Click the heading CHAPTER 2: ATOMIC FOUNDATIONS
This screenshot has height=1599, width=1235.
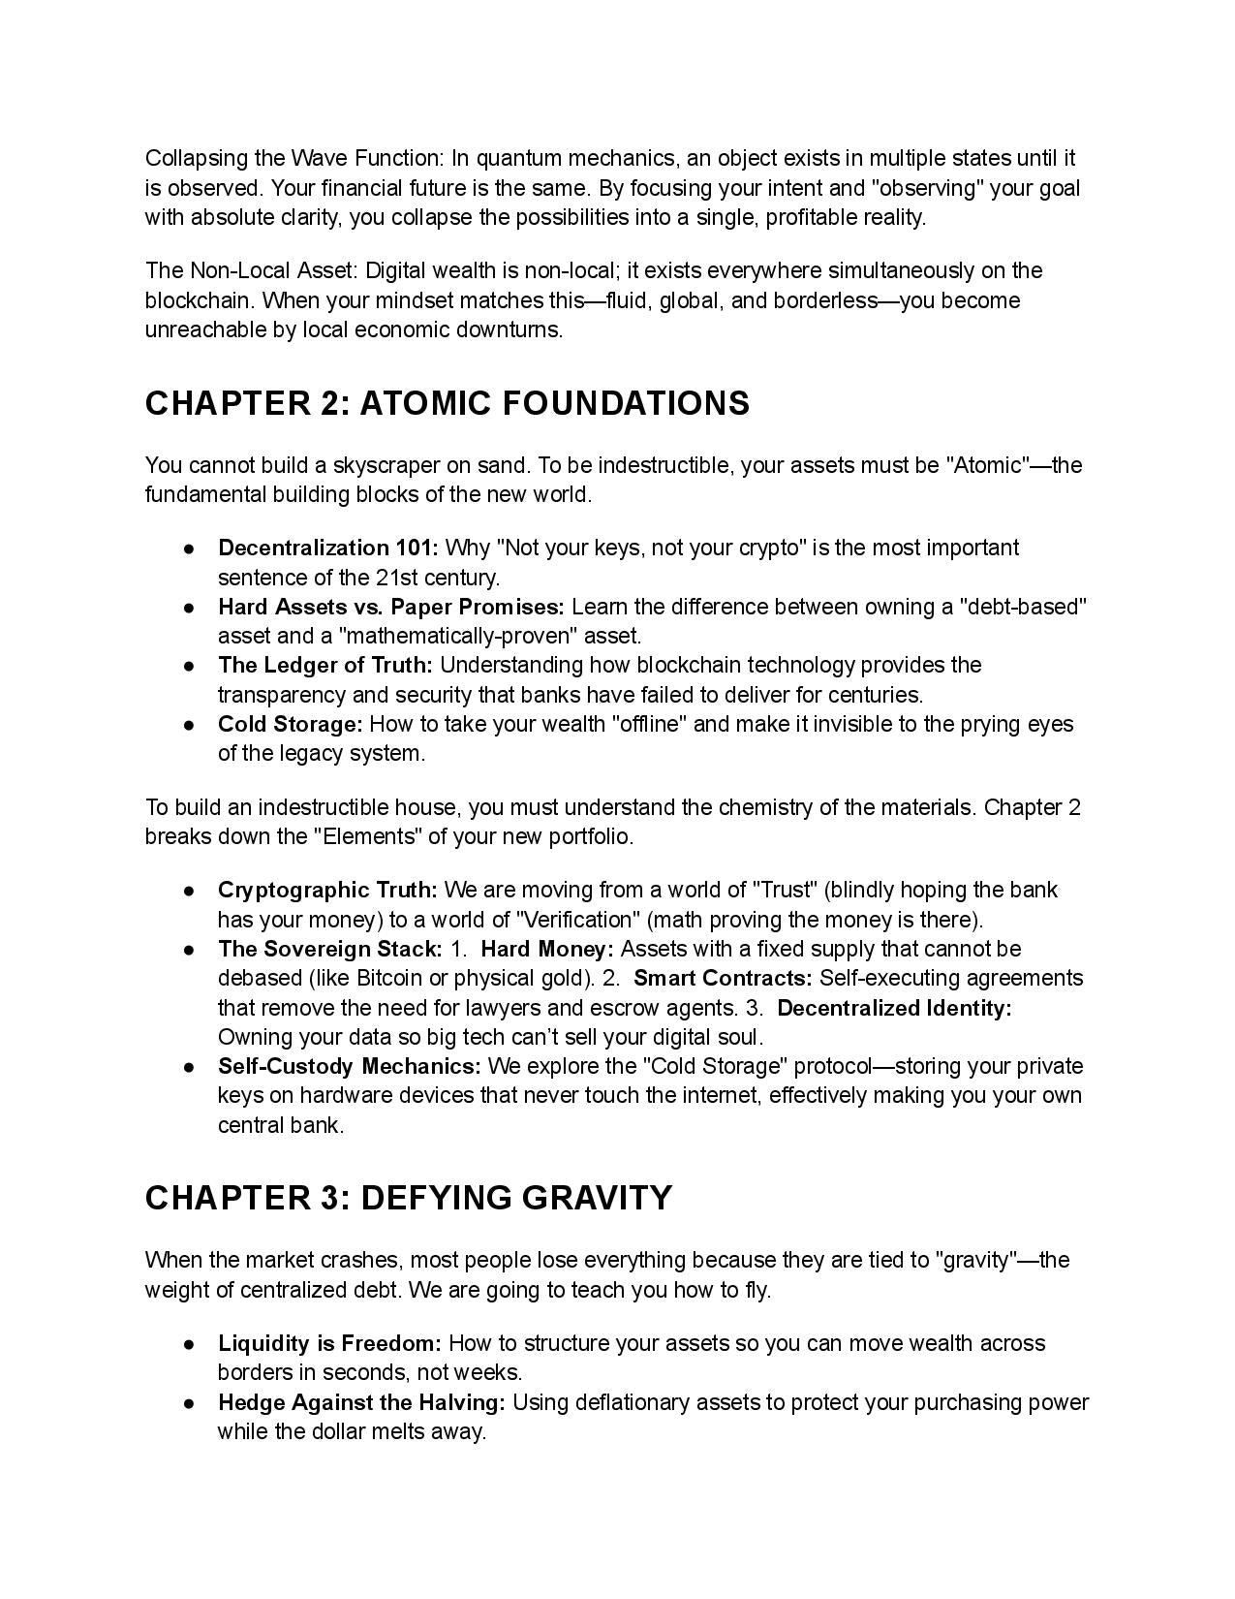[x=447, y=403]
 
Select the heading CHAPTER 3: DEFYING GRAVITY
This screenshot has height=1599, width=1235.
[x=408, y=1198]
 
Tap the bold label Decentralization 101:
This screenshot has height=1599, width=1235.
[x=327, y=549]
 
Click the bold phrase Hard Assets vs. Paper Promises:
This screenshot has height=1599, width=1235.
[x=390, y=608]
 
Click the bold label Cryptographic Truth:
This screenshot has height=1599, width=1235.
[x=327, y=891]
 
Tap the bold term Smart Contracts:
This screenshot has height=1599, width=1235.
[x=723, y=978]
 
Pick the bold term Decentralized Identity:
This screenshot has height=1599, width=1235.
[x=894, y=1008]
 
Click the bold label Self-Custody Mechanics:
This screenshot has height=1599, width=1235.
[x=349, y=1067]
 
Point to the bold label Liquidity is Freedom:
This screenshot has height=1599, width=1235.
[x=329, y=1344]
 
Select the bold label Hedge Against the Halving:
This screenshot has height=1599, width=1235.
[x=361, y=1403]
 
